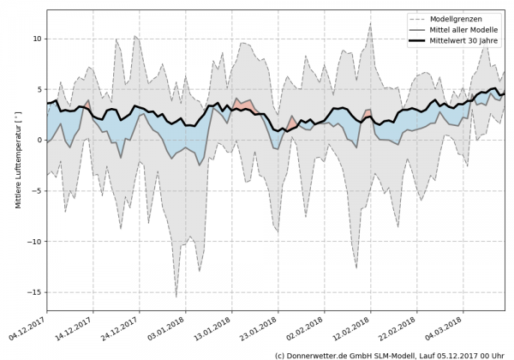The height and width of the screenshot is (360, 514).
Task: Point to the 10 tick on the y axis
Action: click(x=36, y=39)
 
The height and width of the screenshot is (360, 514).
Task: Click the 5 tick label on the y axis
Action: click(x=38, y=89)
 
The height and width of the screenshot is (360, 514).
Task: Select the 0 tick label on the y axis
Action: click(x=38, y=140)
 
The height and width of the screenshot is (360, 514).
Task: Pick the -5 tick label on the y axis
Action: click(x=36, y=190)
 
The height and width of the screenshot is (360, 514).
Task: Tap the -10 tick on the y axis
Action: click(x=33, y=242)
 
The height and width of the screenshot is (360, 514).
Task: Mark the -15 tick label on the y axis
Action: click(x=33, y=292)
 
